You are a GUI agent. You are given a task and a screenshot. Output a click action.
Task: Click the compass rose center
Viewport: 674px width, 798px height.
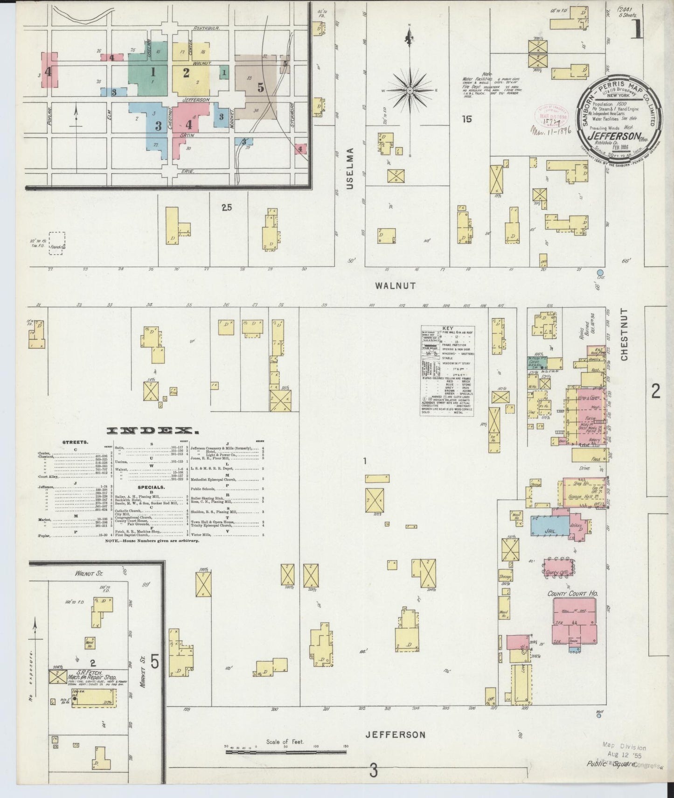[x=410, y=90]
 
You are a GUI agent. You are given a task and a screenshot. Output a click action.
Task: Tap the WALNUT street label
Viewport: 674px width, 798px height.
[x=395, y=286]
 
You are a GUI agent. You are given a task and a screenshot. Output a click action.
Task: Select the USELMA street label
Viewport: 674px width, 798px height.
[x=350, y=168]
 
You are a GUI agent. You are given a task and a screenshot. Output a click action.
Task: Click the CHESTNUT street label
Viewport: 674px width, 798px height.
[x=624, y=335]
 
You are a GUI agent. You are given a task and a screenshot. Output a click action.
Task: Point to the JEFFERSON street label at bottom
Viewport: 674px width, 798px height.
[x=395, y=735]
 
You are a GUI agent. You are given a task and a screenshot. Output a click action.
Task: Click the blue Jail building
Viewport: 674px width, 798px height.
[x=549, y=525]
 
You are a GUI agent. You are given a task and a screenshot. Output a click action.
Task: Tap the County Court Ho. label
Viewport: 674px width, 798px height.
[x=572, y=594]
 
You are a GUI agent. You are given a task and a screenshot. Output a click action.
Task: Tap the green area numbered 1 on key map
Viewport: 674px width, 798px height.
[x=152, y=73]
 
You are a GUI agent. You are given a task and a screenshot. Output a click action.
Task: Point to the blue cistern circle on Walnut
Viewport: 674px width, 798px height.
[x=600, y=272]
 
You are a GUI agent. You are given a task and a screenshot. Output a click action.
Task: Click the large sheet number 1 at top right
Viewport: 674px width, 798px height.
[x=636, y=28]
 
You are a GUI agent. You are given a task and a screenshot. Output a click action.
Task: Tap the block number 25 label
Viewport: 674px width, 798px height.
[x=227, y=207]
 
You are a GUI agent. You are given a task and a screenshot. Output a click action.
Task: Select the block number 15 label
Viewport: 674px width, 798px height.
[x=467, y=119]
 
